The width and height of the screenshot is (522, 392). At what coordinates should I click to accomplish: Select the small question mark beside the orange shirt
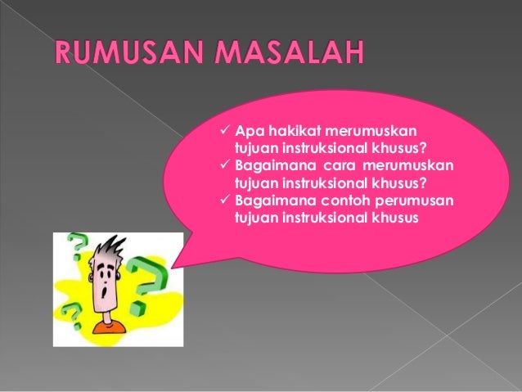click(x=72, y=313)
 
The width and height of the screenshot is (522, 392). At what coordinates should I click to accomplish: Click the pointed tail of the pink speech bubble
click(x=174, y=266)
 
